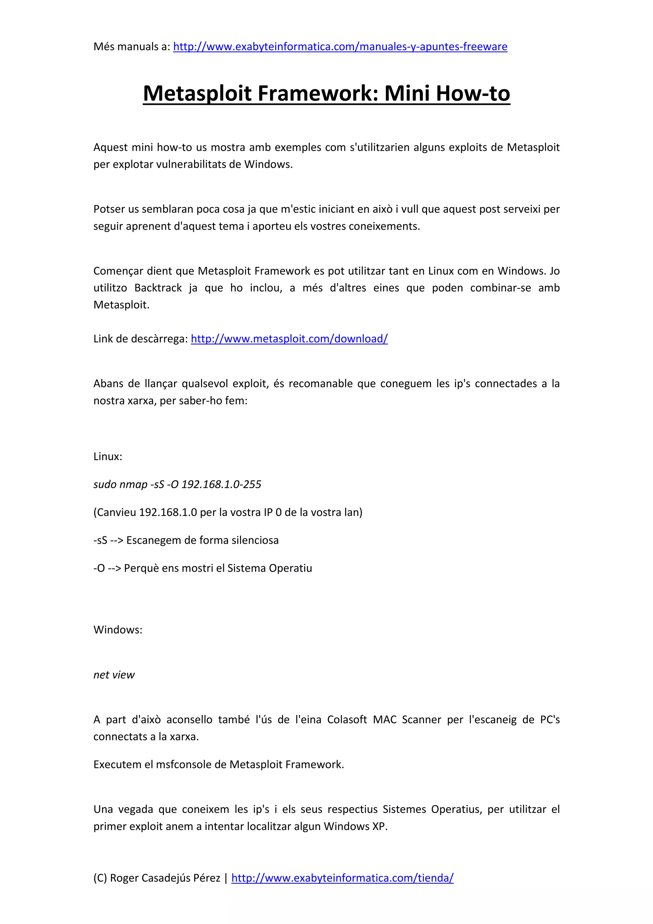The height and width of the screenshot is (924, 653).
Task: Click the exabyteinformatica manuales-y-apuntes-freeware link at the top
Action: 340,47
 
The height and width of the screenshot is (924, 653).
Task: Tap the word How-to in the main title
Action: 473,93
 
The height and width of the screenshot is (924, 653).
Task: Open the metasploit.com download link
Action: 289,339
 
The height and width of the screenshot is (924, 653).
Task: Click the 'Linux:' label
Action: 108,456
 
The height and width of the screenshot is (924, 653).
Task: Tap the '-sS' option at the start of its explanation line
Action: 100,540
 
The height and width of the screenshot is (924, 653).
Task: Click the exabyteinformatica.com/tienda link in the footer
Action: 342,878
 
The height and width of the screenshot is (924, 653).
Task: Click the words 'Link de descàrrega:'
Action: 140,339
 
